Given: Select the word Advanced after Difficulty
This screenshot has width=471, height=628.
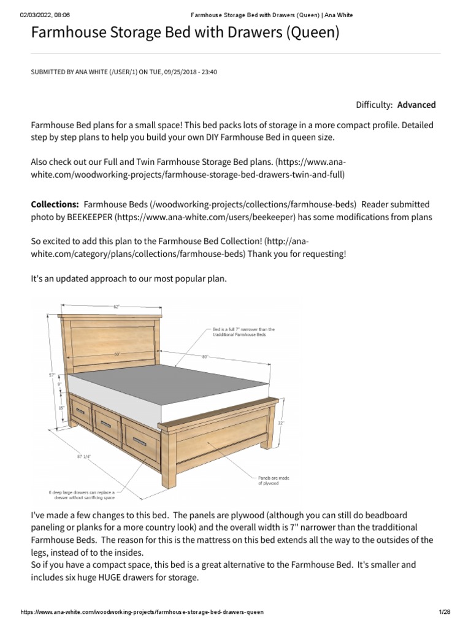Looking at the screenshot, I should (x=416, y=105).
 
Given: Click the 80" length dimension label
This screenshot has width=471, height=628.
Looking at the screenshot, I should (x=205, y=356).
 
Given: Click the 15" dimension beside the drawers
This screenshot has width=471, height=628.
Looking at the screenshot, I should (x=61, y=407).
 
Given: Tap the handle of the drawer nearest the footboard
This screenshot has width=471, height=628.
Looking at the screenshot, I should (x=140, y=442).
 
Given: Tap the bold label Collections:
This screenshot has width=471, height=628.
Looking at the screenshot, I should (x=55, y=204).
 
